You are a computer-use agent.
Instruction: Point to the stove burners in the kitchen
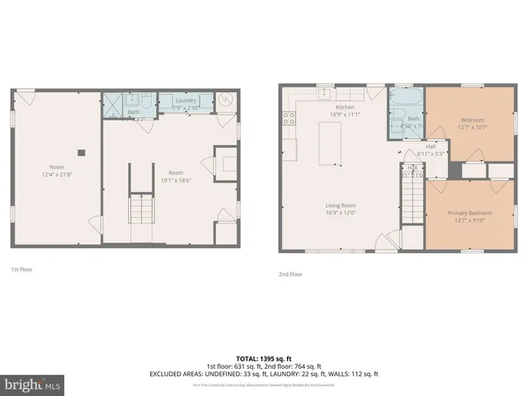290,117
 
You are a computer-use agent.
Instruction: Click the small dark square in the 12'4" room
81,152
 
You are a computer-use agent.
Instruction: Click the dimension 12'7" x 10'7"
474,127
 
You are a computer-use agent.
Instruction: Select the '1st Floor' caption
22,269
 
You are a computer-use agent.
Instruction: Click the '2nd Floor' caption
290,274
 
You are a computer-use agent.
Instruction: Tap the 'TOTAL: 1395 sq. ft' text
263,358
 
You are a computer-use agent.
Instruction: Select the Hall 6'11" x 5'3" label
431,151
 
